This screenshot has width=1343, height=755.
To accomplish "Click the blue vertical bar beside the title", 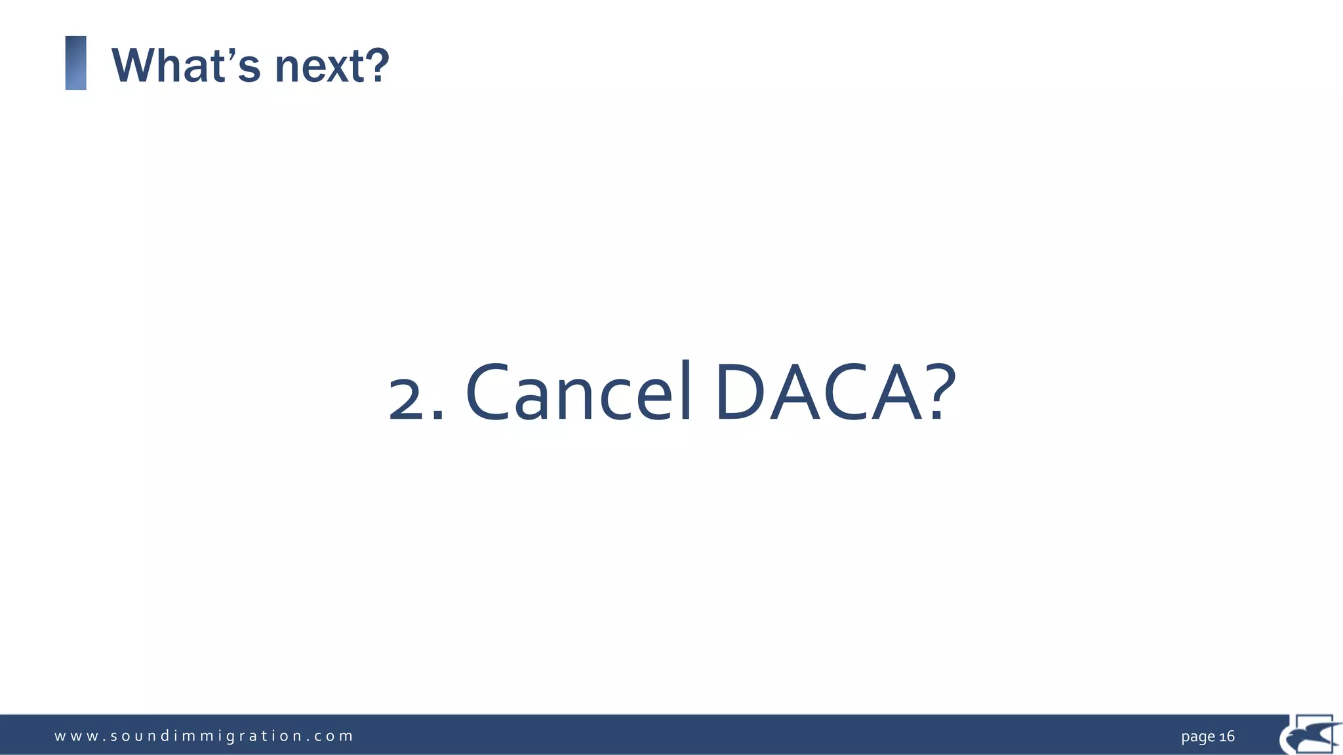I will click(x=76, y=63).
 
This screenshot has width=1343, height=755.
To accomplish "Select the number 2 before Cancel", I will click(x=407, y=400).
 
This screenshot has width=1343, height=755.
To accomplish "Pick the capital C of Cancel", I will click(x=488, y=393).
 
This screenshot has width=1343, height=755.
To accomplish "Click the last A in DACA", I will click(x=897, y=393).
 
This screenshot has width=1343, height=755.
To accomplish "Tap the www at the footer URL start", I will click(x=72, y=736).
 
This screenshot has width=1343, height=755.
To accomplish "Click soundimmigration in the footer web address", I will click(x=206, y=736).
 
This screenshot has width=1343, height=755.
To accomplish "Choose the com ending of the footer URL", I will click(x=333, y=736).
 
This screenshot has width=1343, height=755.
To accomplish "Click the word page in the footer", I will click(x=1198, y=737).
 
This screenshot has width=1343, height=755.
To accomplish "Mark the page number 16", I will click(x=1227, y=736).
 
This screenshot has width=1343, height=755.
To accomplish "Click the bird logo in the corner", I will click(x=1310, y=734).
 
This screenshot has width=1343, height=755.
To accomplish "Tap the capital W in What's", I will click(x=134, y=66).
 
